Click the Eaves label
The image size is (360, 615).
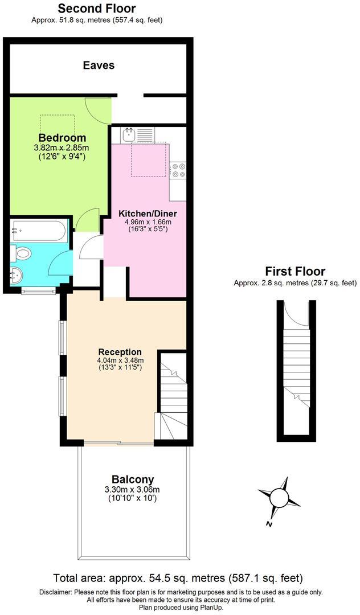(99, 65)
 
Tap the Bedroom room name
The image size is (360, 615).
(62, 138)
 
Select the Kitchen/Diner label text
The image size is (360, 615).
(148, 214)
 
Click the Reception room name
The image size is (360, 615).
(120, 352)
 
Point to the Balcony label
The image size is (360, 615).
(132, 479)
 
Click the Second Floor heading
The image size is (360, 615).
(97, 9)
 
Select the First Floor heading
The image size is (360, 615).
(295, 272)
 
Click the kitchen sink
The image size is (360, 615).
(128, 135)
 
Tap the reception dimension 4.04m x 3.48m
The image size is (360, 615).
(120, 360)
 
